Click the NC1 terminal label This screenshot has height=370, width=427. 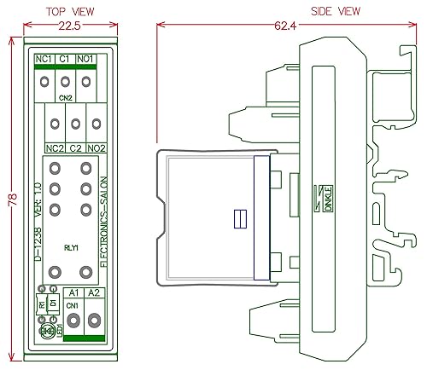click(44, 59)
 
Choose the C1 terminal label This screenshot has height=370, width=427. click(66, 59)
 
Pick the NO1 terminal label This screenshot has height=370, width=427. click(87, 59)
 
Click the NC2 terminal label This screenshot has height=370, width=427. click(55, 148)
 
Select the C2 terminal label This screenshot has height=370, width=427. click(75, 148)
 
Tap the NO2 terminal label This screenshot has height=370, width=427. click(97, 148)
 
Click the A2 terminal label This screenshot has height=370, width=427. click(93, 292)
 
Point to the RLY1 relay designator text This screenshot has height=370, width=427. click(71, 248)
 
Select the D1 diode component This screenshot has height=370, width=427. click(53, 303)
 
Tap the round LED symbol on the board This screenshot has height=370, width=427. click(47, 329)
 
